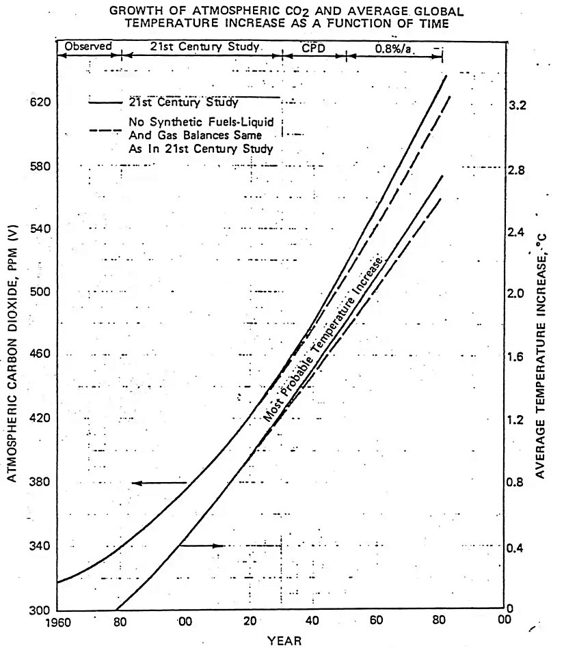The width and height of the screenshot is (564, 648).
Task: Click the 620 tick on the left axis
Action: tap(42, 102)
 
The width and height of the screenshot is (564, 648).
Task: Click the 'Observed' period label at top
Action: tap(88, 46)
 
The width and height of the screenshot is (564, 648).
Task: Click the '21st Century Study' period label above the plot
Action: tap(202, 46)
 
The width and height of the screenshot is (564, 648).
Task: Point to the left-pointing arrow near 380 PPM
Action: tap(155, 483)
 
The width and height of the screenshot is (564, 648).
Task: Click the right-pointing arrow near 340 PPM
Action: tap(203, 546)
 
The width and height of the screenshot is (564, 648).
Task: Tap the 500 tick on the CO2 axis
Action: tap(42, 292)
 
